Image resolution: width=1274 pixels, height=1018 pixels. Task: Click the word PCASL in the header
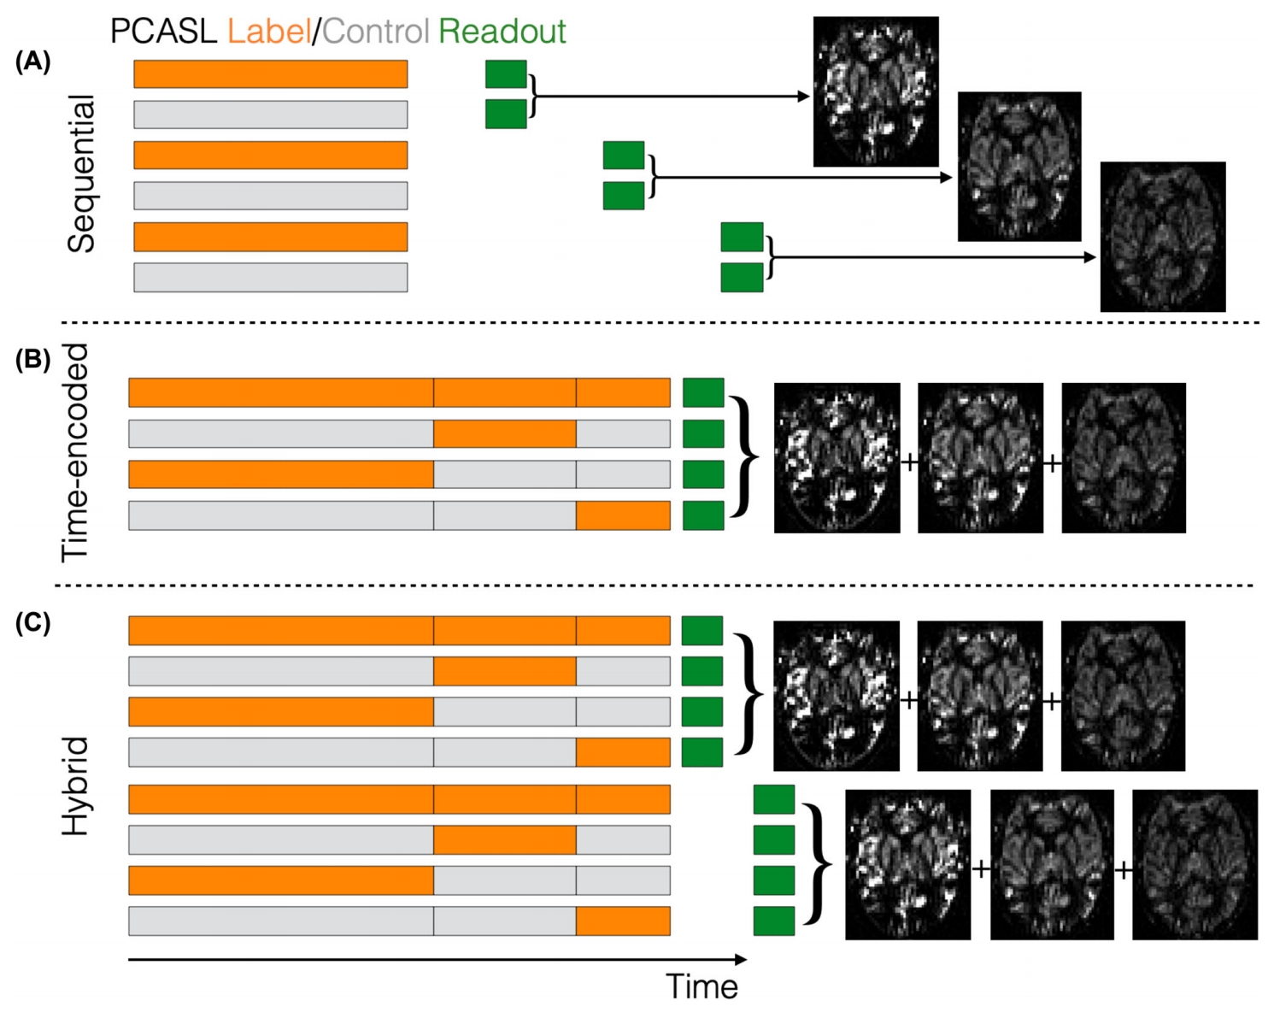pos(163,32)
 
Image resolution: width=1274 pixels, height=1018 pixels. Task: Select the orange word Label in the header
pos(268,32)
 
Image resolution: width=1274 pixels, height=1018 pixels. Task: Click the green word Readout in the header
pos(502,32)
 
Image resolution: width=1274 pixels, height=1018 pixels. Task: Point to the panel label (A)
pos(32,62)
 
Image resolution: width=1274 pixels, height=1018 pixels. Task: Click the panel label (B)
pos(32,359)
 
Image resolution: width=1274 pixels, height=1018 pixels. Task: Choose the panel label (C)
pos(32,622)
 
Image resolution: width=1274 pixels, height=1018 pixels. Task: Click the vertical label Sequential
pos(82,174)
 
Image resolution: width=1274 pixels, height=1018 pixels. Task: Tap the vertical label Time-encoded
pos(75,452)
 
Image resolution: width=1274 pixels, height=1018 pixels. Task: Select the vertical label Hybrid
pos(75,786)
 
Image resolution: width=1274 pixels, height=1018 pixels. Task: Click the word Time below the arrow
pos(702,986)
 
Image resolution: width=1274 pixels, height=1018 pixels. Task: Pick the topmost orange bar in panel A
pos(270,74)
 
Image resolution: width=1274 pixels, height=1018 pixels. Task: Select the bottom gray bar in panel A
pos(270,278)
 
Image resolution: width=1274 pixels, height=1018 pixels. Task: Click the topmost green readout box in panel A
pos(506,74)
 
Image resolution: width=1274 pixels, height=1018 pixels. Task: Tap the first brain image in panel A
pos(876,91)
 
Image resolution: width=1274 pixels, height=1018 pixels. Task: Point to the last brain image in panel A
pos(1162,237)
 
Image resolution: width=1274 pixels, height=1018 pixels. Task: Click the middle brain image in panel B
pos(980,458)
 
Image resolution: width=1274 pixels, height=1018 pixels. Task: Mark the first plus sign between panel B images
pos(909,462)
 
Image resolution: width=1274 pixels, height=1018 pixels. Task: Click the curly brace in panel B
pos(743,456)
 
